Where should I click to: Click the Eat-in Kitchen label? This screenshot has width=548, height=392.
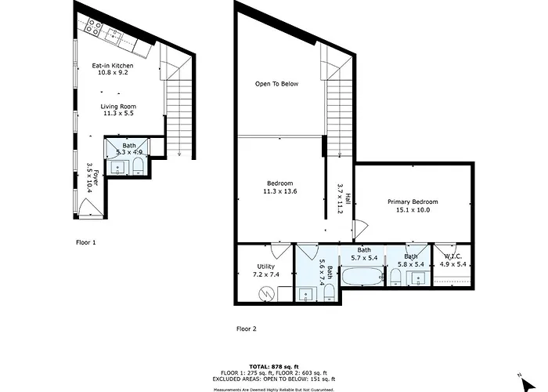113,65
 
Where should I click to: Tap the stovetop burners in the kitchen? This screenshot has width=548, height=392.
94,27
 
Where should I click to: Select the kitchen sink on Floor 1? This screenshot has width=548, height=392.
114,35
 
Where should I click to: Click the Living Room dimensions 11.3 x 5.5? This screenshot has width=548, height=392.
118,114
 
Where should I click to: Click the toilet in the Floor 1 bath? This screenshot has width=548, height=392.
139,166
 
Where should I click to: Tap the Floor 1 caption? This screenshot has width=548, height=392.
85,242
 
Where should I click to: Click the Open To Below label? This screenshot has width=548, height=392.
277,84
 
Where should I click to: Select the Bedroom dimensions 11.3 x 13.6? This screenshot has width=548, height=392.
280,191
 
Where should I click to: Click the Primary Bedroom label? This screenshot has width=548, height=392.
413,202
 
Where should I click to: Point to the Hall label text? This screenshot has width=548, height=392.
348,198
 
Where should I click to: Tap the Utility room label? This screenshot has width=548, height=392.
266,267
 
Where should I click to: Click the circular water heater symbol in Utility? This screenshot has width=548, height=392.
266,294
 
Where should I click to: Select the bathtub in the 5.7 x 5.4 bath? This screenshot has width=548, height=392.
362,277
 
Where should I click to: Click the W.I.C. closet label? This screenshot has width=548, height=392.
453,256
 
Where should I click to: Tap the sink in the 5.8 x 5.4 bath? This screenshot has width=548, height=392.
418,278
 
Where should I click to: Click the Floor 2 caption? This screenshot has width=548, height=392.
247,329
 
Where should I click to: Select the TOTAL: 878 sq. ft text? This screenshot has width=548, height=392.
274,367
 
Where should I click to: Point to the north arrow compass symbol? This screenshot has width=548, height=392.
527,383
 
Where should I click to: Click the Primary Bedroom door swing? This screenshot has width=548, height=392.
360,228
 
